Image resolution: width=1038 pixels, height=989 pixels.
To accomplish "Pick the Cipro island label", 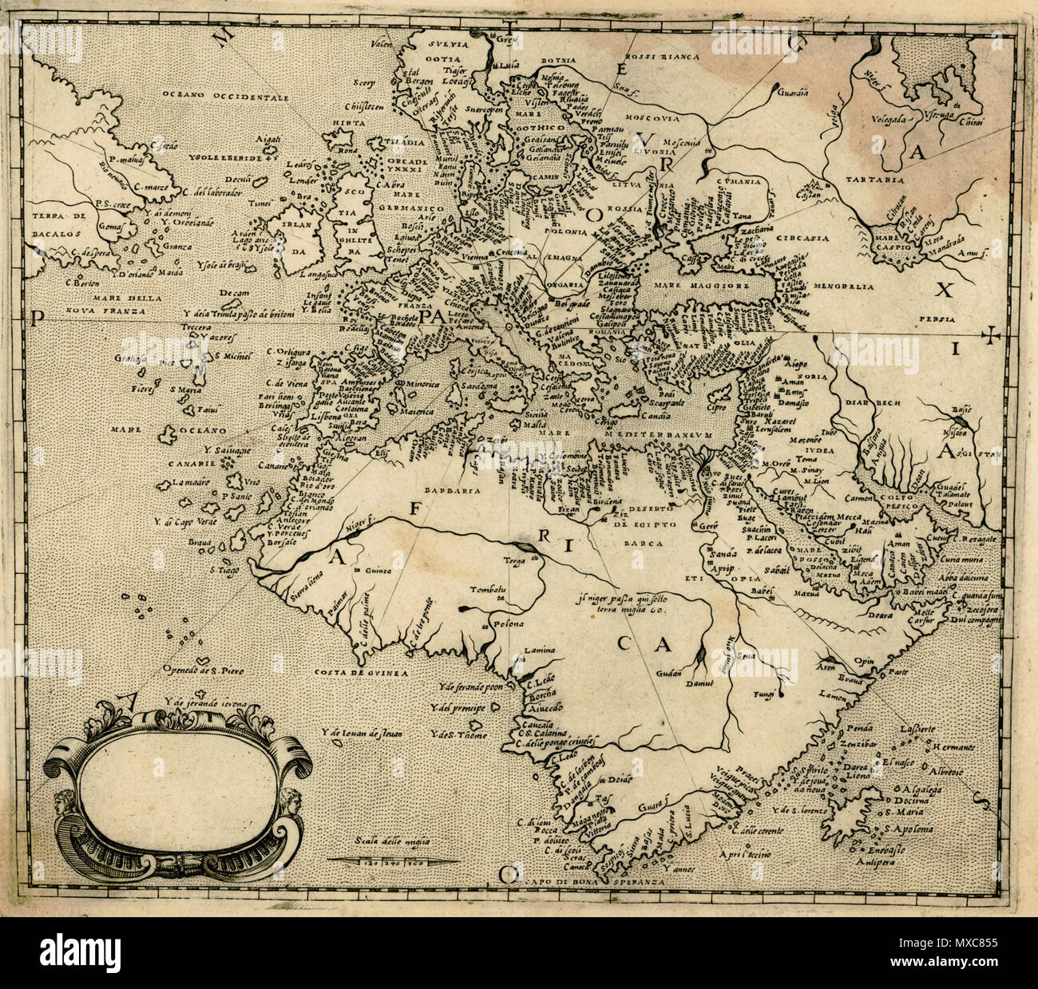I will tap(719, 406).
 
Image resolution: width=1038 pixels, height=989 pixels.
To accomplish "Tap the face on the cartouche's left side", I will tap(64, 802).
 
